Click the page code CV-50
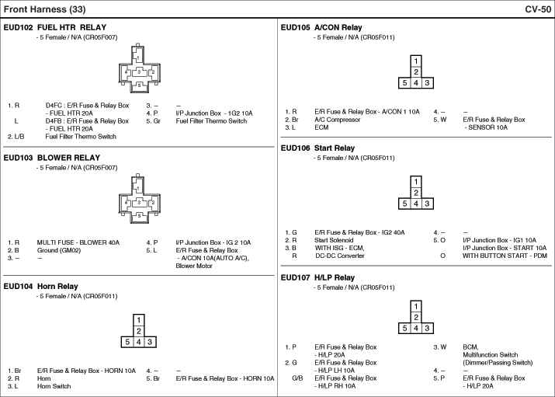538,9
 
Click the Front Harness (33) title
44,9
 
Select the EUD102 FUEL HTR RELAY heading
55,27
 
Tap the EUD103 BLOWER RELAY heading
52,158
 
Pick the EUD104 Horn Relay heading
40,286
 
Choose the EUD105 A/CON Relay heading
321,27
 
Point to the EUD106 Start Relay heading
317,148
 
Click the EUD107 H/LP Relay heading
317,277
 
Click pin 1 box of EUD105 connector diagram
416,61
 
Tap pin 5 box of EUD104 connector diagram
127,342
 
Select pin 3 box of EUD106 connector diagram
427,204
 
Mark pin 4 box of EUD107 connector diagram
416,329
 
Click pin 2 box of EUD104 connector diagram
139,331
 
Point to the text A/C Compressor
338,120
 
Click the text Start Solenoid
334,240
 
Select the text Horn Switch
54,386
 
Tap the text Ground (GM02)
59,250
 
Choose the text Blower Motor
194,266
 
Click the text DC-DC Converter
339,256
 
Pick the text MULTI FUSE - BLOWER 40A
78,242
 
